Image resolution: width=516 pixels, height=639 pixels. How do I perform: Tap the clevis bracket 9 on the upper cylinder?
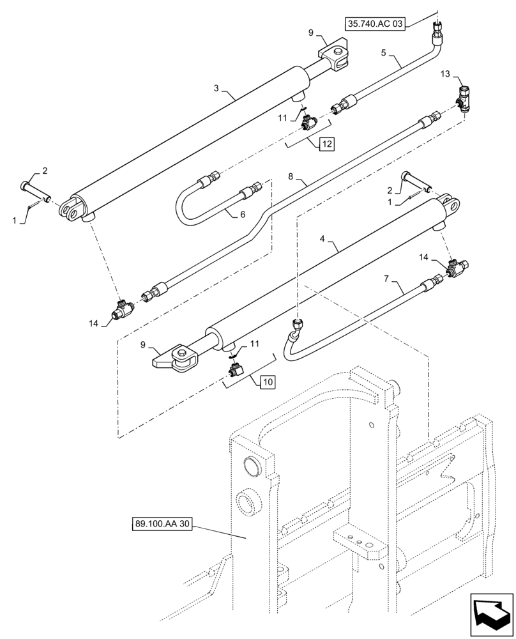[335, 56]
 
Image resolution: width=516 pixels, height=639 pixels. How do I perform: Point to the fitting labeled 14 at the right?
[457, 268]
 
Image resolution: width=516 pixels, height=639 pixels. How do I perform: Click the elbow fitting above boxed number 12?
[311, 121]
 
